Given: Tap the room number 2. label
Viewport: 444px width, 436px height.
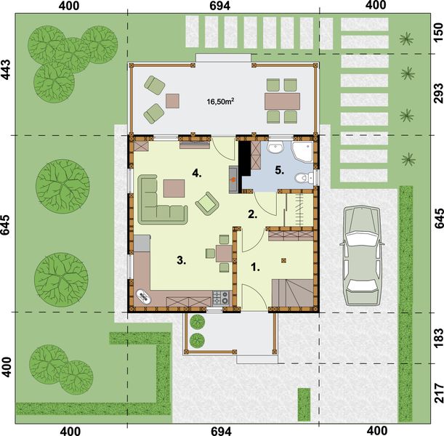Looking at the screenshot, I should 252,214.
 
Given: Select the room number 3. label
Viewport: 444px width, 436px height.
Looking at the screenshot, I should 183,258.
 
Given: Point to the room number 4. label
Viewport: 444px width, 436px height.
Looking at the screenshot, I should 196,173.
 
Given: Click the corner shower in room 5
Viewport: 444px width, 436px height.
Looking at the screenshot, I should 302,153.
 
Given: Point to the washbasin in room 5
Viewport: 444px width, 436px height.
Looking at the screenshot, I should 275,150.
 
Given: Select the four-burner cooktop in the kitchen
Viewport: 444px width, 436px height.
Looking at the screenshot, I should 220,296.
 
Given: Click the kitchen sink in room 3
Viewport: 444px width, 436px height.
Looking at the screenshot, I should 142,295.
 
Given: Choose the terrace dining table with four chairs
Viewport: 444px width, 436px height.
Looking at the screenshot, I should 280,100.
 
